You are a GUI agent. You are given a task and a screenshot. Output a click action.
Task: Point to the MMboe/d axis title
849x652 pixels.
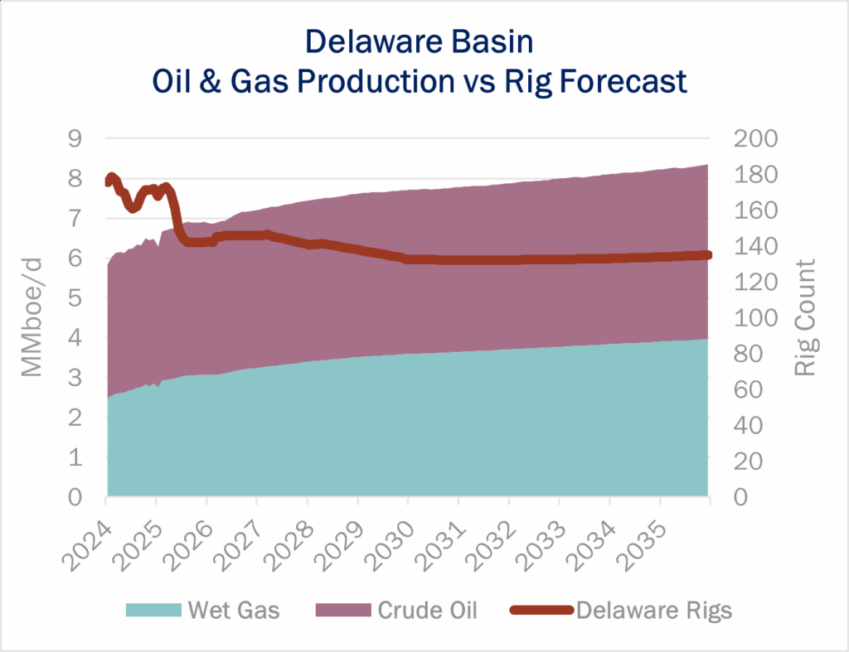tap(31, 318)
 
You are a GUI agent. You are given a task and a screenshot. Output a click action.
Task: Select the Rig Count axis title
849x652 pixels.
tap(805, 317)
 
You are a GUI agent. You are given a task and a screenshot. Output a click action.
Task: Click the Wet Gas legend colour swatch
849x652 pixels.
tap(153, 611)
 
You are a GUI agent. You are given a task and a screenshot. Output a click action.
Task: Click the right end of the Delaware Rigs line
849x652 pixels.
tap(707, 254)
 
